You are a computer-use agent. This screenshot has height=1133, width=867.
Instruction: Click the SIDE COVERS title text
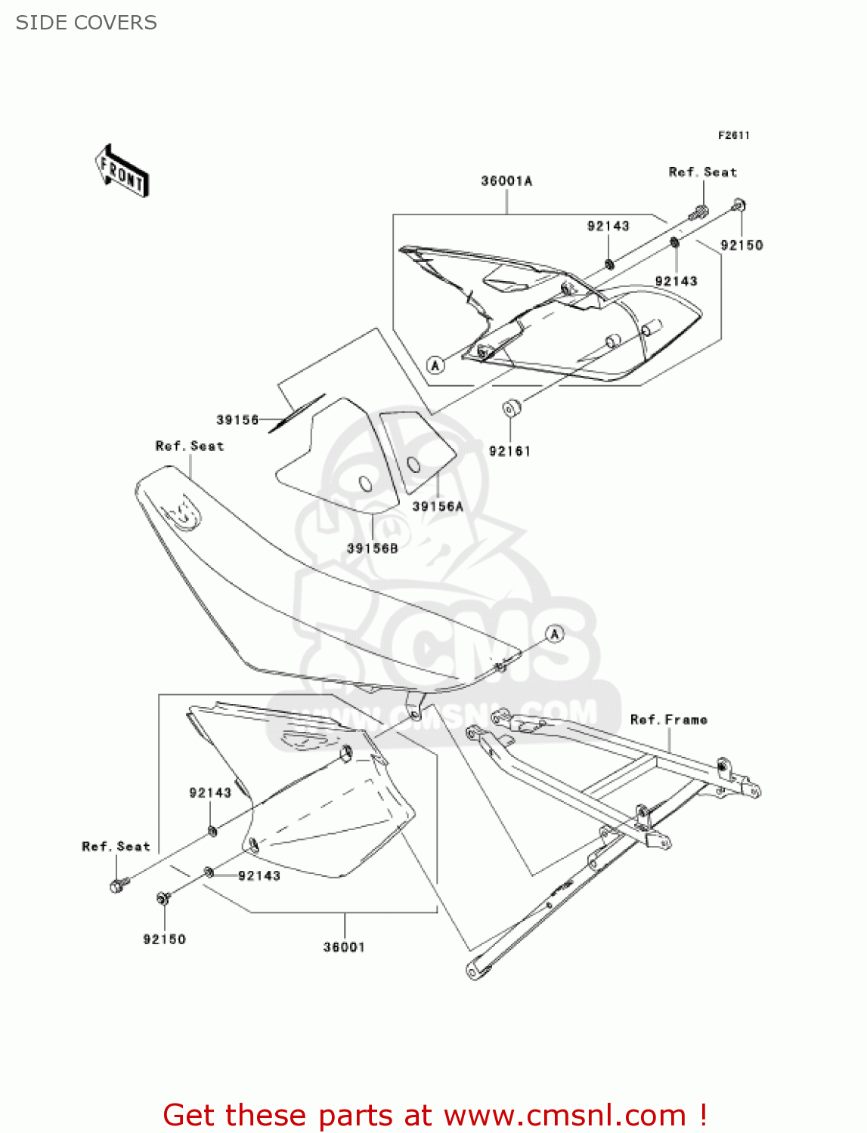(x=86, y=23)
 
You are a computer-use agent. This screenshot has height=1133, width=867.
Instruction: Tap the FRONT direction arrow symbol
(x=122, y=171)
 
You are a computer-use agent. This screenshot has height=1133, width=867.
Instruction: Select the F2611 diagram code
(x=733, y=135)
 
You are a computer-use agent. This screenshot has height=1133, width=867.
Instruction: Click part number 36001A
(x=506, y=181)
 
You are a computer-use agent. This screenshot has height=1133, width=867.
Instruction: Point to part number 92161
(x=509, y=452)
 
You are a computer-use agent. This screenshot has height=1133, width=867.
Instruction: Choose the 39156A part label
(x=438, y=507)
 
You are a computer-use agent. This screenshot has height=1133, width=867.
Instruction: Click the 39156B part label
(x=372, y=548)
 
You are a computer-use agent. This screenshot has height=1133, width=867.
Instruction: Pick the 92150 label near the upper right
(x=742, y=245)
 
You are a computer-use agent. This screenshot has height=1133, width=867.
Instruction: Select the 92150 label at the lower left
(x=164, y=940)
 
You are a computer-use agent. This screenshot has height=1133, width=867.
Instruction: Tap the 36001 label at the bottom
(x=344, y=947)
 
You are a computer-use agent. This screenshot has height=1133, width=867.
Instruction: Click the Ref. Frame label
(x=669, y=720)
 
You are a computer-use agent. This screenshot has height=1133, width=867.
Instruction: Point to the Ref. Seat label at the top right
(x=702, y=172)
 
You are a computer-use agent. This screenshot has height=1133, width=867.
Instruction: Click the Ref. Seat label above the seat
(x=190, y=446)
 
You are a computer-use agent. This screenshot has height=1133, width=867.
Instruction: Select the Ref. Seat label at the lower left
(x=116, y=847)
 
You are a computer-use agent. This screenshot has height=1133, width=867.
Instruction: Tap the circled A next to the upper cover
(x=435, y=366)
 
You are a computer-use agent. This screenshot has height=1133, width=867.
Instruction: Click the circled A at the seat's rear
(x=555, y=634)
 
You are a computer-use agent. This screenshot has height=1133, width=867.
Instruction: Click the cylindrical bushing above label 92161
(x=512, y=409)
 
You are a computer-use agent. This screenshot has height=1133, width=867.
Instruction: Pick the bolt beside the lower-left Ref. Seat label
(x=119, y=884)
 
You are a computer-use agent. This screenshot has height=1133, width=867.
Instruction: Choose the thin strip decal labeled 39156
(x=296, y=413)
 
